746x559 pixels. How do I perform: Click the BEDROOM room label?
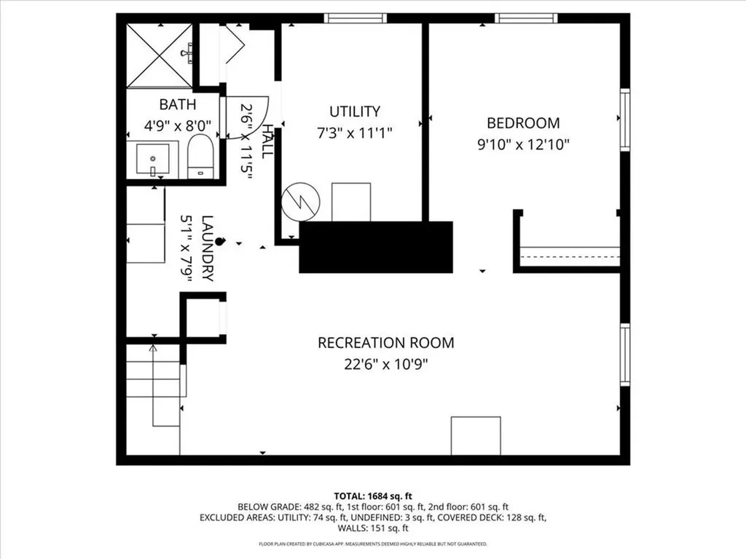(x=523, y=123)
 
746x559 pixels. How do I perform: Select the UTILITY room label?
(x=355, y=111)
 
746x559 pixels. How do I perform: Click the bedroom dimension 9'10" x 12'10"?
(x=523, y=144)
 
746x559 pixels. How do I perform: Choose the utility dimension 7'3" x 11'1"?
(x=355, y=132)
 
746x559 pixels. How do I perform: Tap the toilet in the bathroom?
(x=200, y=159)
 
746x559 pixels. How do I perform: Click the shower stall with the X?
(x=160, y=55)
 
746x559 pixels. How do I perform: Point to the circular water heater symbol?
(x=299, y=201)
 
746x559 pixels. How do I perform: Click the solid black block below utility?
(x=376, y=247)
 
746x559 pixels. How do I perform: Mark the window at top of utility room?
(x=356, y=18)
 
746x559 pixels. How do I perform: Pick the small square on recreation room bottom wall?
(x=476, y=435)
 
